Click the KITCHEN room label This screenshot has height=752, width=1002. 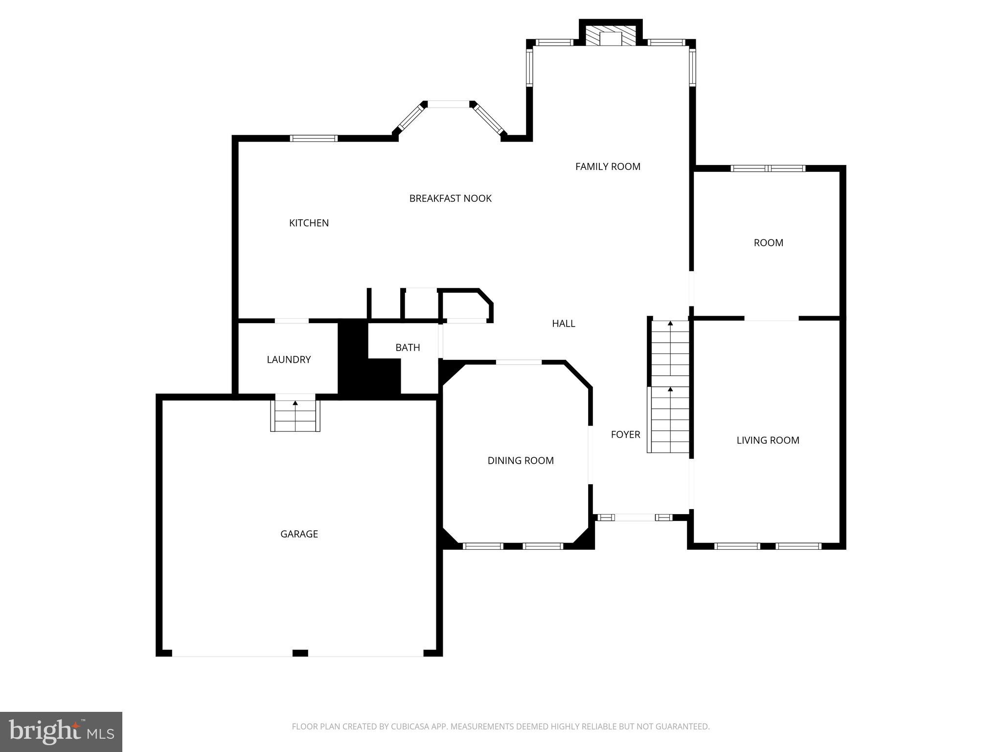click(309, 223)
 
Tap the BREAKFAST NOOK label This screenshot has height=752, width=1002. click(450, 198)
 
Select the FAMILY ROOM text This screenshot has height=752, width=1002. click(608, 166)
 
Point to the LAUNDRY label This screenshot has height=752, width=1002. click(289, 360)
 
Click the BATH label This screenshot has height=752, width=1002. click(408, 348)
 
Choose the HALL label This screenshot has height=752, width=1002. click(563, 324)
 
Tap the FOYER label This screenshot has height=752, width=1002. click(625, 434)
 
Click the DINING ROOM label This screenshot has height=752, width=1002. click(521, 461)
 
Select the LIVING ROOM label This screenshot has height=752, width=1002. click(768, 440)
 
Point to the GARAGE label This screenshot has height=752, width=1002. click(299, 534)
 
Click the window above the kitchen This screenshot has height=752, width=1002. click(314, 138)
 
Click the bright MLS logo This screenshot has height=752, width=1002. click(61, 732)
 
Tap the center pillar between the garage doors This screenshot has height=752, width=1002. click(300, 653)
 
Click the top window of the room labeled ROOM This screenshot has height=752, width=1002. click(768, 168)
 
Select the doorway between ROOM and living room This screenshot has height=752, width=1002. click(772, 318)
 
